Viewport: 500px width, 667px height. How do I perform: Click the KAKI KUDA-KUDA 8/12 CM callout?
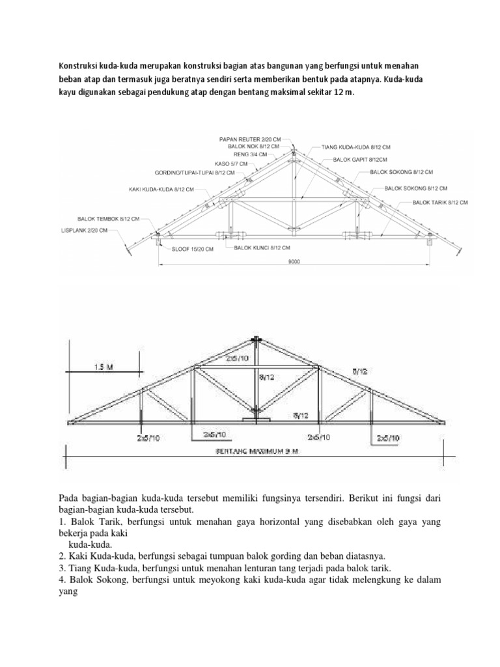click(161, 189)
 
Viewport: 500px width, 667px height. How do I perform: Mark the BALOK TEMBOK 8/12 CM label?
click(108, 220)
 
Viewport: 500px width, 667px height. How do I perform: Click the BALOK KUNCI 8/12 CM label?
click(262, 248)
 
